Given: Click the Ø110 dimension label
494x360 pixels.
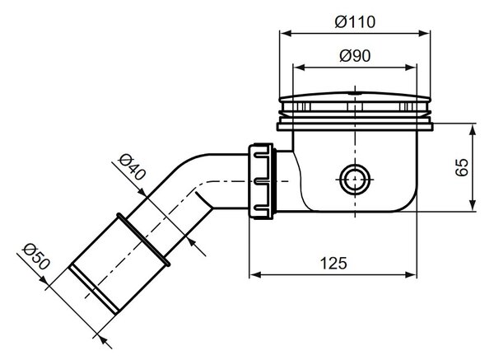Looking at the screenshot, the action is tap(355, 21).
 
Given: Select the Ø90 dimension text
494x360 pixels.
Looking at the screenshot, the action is tap(355, 56).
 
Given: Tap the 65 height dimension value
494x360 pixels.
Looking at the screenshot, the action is tap(462, 167).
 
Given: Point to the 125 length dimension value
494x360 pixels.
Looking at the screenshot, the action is tap(333, 264).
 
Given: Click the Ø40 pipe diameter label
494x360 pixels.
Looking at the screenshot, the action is tap(133, 166).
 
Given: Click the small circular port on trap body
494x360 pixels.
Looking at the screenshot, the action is tap(355, 180).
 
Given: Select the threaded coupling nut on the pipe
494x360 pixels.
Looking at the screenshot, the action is tap(262, 181).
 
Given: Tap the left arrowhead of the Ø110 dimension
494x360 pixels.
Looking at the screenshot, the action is tap(286, 33).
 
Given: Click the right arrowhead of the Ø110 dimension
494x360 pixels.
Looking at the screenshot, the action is tap(424, 33).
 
